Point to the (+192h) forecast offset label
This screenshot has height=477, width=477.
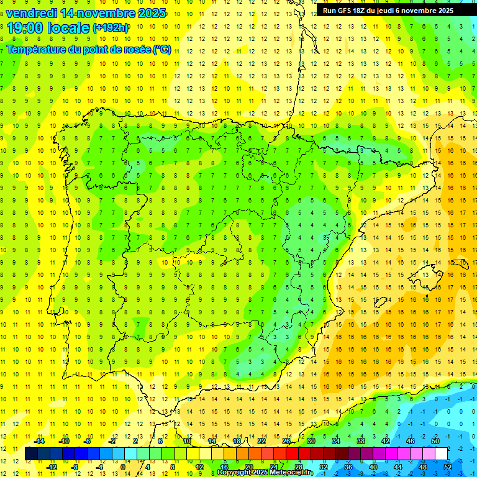coord(110,27)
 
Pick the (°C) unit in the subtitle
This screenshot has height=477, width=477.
coord(161,49)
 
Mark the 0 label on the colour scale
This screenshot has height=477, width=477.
coord(122,467)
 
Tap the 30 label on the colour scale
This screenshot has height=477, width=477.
coord(311,441)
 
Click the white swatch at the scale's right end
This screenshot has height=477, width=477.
coord(442,454)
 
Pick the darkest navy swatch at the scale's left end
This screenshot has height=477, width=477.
coord(31,454)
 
